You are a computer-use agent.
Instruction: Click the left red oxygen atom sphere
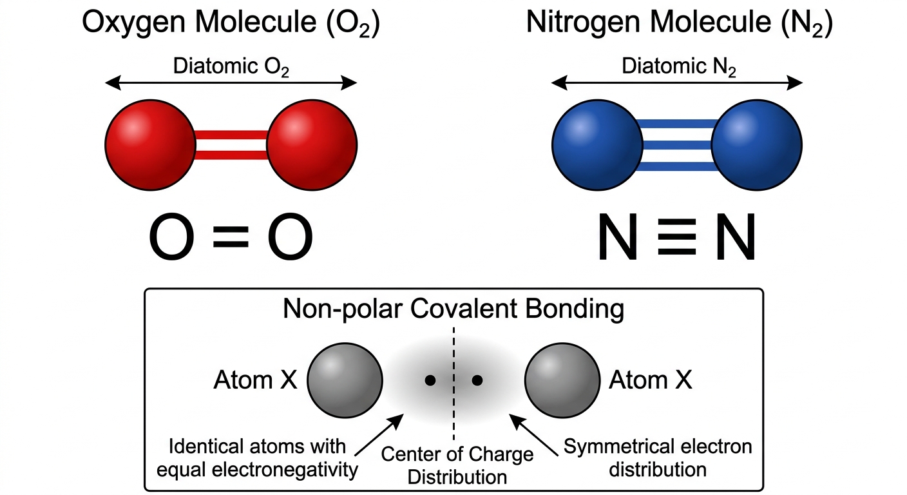(x=151, y=145)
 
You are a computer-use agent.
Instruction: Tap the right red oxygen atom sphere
(x=312, y=145)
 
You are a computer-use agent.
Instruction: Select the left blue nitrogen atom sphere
(x=598, y=145)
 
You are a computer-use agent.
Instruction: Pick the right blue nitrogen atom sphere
(x=757, y=145)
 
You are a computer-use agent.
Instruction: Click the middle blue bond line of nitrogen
(x=677, y=145)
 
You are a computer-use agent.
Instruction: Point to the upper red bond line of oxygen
(x=231, y=135)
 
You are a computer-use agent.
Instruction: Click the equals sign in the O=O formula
(x=231, y=237)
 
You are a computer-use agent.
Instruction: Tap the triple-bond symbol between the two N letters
(x=676, y=237)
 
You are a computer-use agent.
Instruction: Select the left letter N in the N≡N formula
(x=618, y=237)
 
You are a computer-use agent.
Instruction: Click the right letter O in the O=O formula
(x=291, y=237)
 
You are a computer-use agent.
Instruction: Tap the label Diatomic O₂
(x=231, y=66)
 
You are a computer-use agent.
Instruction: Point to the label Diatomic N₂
(x=679, y=66)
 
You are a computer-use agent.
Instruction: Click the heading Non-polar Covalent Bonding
(x=453, y=309)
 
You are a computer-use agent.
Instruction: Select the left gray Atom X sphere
(x=345, y=380)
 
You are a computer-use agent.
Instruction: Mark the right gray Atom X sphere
(x=562, y=380)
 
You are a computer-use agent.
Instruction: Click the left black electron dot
(x=430, y=380)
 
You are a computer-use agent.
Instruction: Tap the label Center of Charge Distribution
(x=457, y=466)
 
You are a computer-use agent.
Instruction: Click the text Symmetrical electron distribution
(x=658, y=458)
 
